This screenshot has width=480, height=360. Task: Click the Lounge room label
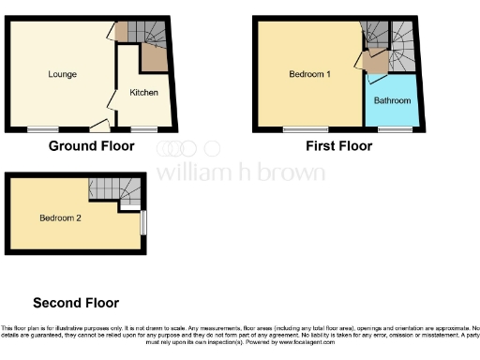[63, 74]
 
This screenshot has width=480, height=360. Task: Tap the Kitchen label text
[143, 93]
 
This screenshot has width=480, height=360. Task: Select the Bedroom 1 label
[309, 74]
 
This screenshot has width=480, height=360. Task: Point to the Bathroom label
[392, 100]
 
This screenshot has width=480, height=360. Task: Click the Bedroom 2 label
[60, 218]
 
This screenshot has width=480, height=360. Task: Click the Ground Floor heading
[91, 146]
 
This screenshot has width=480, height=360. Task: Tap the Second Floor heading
[76, 303]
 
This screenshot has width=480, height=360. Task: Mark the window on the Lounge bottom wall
[40, 128]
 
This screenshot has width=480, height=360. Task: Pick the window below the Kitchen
[143, 128]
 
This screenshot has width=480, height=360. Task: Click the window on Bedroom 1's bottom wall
[300, 128]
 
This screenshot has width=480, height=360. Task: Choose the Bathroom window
[387, 128]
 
